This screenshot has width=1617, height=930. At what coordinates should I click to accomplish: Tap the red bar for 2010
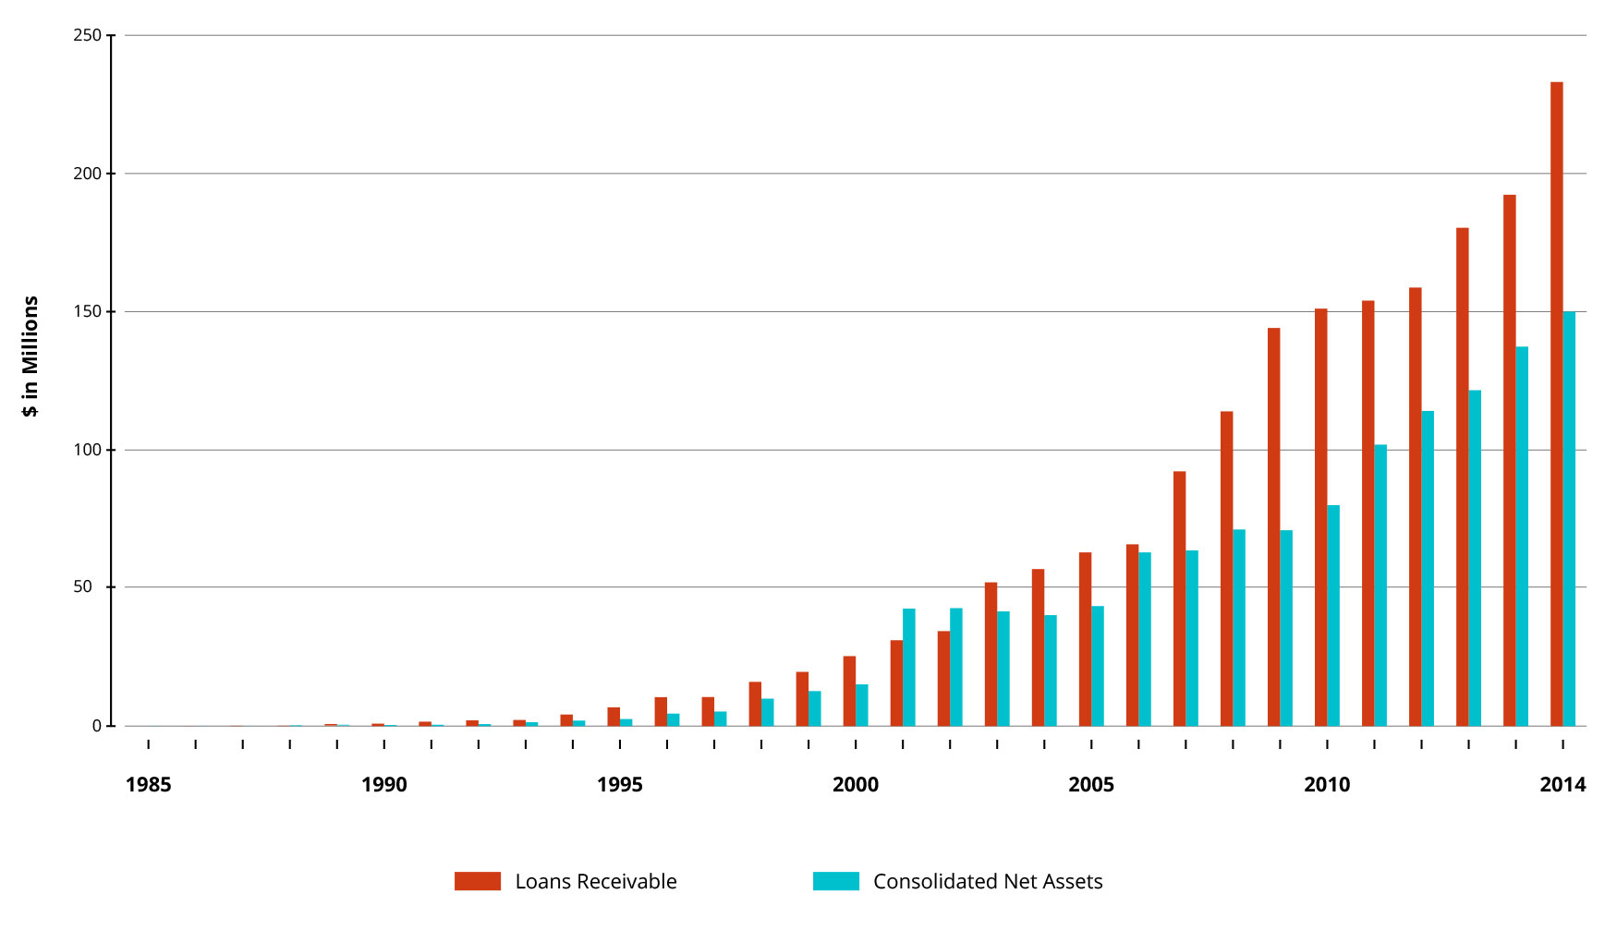tap(1320, 517)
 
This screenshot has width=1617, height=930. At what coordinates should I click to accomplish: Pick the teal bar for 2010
tap(1333, 615)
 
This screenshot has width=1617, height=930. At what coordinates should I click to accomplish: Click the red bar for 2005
tap(1085, 639)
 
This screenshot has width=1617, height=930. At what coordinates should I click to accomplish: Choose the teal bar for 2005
tap(1098, 666)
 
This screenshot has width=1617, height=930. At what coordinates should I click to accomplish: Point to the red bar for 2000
tap(849, 691)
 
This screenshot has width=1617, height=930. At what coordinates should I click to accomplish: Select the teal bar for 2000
tap(861, 705)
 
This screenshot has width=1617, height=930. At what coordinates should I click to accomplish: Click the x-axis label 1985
tap(148, 785)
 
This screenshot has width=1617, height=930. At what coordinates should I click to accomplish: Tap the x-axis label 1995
tap(619, 785)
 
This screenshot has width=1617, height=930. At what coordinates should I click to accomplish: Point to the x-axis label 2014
tap(1562, 785)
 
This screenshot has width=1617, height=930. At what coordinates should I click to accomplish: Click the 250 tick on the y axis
tap(88, 35)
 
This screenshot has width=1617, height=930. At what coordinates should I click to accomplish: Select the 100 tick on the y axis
tap(88, 450)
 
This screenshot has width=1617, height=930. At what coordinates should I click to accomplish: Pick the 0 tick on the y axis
tap(97, 726)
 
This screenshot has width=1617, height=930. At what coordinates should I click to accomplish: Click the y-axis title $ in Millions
tap(30, 356)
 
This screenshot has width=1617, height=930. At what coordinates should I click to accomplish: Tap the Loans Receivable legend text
tap(596, 882)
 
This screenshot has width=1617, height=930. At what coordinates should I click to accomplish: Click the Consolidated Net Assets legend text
tap(988, 882)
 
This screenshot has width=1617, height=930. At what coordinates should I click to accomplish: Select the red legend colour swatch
tap(477, 881)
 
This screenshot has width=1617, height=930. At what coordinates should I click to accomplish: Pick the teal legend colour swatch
tap(835, 881)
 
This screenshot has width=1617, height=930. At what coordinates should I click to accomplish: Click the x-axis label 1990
tap(383, 785)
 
